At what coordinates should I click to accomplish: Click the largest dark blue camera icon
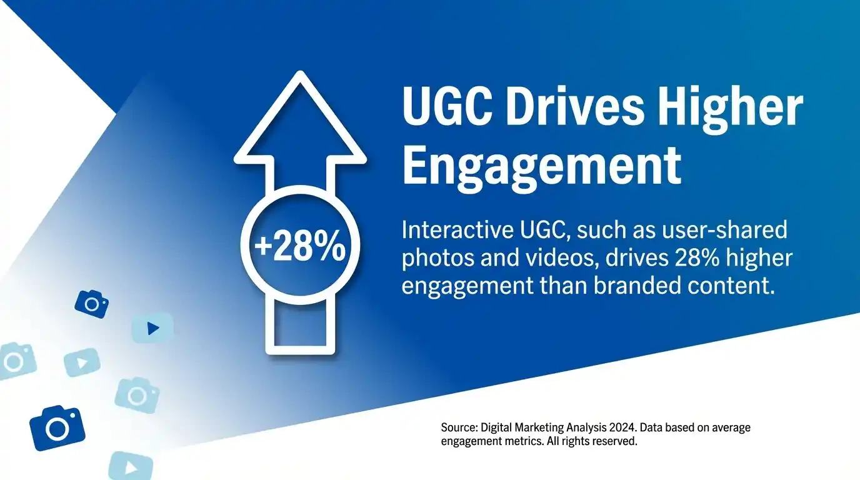pos(57,427)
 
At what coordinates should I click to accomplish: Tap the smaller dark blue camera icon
pos(92,304)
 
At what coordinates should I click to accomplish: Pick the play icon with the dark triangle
pos(152,328)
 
